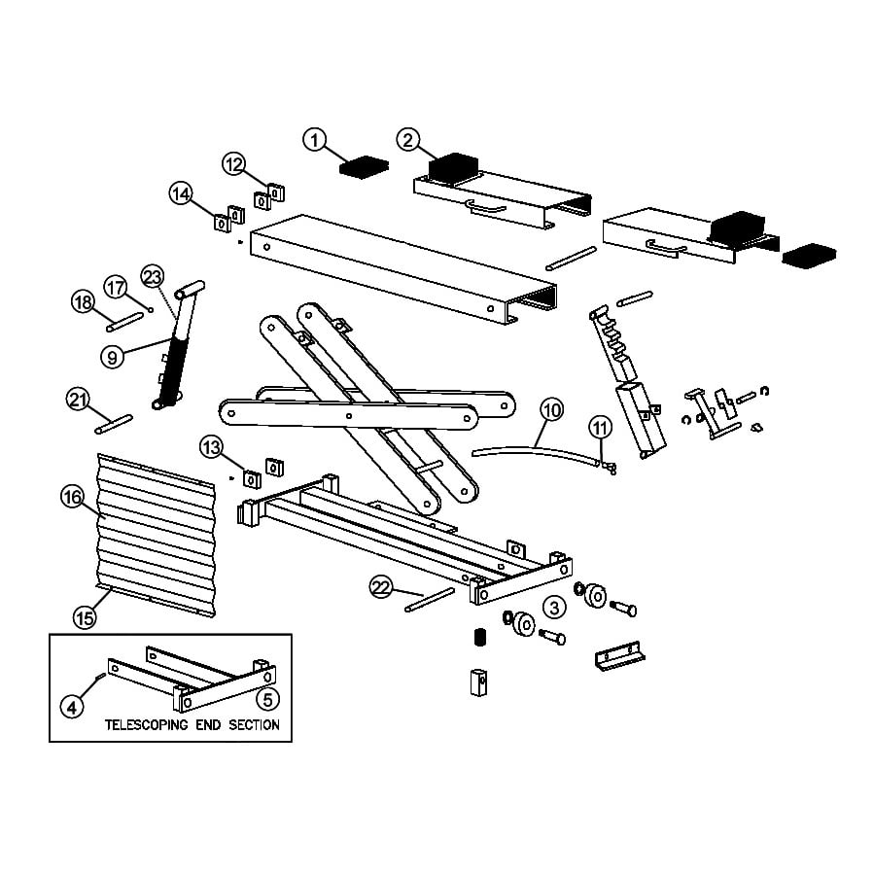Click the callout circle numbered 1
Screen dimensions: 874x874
pos(313,140)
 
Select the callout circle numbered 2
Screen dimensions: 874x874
pos(408,140)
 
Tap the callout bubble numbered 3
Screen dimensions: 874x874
pos(553,609)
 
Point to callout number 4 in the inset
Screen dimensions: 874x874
pos(71,707)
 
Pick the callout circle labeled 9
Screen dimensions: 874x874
pos(113,357)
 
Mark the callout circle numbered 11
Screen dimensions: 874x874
pos(600,426)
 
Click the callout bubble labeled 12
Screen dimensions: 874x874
pos(234,163)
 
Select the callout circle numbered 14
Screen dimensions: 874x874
pos(181,193)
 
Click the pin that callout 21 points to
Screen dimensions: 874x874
pos(113,423)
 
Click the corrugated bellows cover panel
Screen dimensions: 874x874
pos(156,535)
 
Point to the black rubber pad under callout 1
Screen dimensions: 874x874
pos(364,166)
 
